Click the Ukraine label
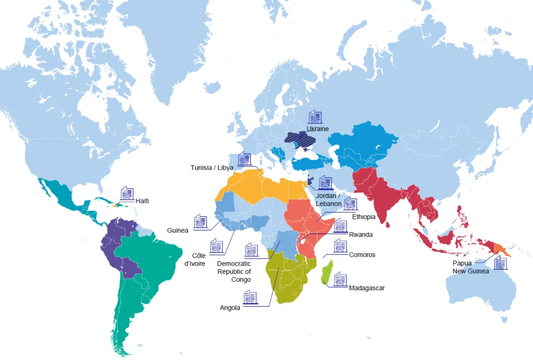tap(317, 129)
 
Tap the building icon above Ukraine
tap(315, 117)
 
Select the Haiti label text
tap(142, 201)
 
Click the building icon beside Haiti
tap(127, 193)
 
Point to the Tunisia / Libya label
tap(212, 168)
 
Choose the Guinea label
tap(178, 230)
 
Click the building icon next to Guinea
tap(200, 222)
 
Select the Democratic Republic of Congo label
tap(234, 271)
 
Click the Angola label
tap(230, 308)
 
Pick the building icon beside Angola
tap(250, 297)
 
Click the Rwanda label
tap(361, 235)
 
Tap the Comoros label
tap(362, 255)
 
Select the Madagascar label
tap(367, 288)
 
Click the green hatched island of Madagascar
tap(327, 272)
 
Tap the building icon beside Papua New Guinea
tap(500, 263)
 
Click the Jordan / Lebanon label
tap(329, 200)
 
